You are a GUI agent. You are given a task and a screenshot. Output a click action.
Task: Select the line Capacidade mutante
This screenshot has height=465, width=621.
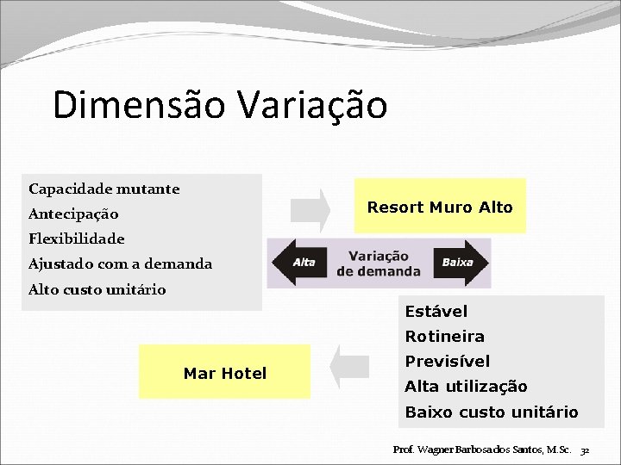point(103,189)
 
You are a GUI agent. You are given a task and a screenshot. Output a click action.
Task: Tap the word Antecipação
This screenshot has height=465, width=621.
point(73,214)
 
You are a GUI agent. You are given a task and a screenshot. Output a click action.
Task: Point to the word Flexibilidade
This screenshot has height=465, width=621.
point(77,239)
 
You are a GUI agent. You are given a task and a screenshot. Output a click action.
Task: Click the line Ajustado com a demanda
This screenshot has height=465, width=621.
point(120,263)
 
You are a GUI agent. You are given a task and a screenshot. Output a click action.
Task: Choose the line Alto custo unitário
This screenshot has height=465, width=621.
point(97,289)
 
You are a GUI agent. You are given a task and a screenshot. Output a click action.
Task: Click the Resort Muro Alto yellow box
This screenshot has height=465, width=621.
point(440,207)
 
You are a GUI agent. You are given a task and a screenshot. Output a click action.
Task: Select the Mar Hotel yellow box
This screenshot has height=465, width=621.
point(225,373)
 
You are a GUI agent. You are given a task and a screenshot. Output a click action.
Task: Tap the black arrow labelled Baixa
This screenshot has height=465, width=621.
point(461,263)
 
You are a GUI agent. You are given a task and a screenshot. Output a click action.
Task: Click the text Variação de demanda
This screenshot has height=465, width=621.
point(379,263)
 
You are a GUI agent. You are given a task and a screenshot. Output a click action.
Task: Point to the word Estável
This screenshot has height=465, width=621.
point(436,311)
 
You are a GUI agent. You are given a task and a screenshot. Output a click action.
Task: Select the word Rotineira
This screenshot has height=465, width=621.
point(445,336)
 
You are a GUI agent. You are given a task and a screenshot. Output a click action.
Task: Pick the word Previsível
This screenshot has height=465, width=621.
point(448,361)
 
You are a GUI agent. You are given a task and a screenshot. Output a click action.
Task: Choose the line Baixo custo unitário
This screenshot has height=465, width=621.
point(492,412)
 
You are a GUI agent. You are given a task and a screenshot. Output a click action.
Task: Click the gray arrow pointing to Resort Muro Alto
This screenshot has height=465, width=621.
point(310,208)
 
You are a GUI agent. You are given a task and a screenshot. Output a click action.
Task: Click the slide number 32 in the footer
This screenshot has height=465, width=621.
point(585,450)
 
